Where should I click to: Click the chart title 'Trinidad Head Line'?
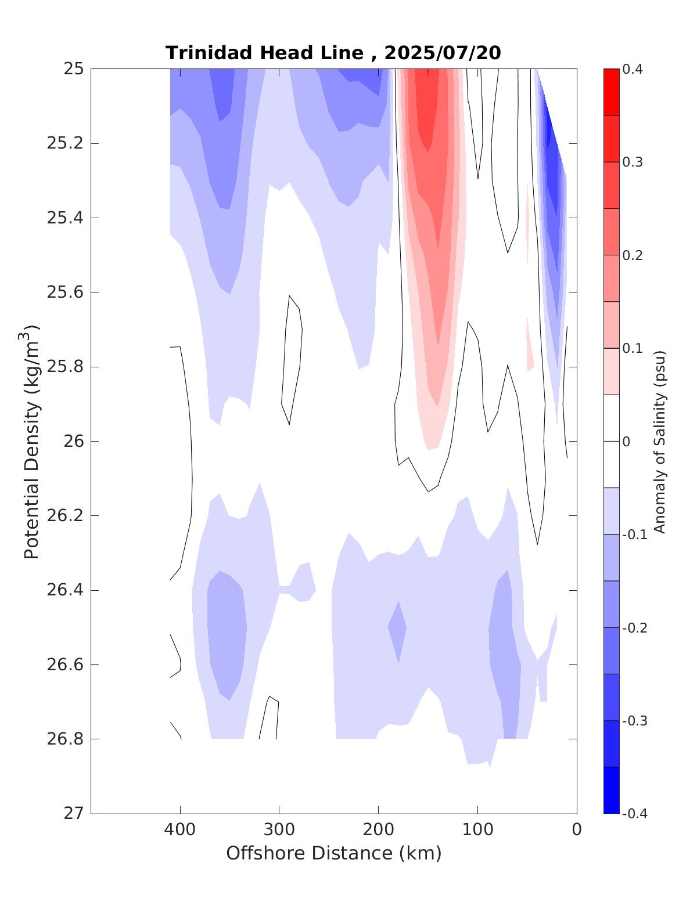coord(264,53)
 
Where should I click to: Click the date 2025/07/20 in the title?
coord(443,53)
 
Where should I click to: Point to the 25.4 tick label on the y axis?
coord(64,218)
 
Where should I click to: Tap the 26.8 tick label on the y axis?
coord(64,739)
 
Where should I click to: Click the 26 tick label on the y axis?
coord(73,442)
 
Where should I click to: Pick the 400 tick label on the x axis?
coord(180,830)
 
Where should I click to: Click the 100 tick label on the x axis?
coord(477,830)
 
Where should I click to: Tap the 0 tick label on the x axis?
coord(577,830)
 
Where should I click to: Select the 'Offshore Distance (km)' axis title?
coord(334,854)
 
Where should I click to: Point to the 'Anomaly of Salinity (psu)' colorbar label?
coord(659,441)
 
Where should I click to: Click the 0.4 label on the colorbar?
coord(633,70)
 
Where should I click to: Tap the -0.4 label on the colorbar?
coord(634,814)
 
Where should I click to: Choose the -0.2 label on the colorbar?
coord(634,628)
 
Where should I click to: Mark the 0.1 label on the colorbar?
coord(633,348)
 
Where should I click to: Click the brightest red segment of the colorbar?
coord(611,92)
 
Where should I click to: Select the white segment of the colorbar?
coord(611,441)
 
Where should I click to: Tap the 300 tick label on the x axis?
coord(279,830)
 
